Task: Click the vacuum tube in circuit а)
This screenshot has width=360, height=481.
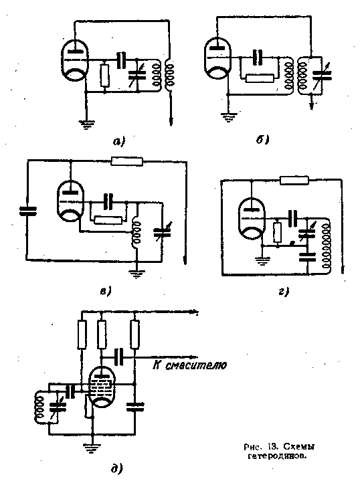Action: click(x=74, y=60)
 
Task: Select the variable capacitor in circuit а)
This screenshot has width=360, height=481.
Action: click(x=137, y=75)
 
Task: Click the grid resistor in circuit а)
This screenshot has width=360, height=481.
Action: click(x=105, y=75)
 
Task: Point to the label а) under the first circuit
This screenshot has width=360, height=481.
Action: click(x=119, y=141)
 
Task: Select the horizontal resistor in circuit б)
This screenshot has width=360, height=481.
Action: click(x=260, y=78)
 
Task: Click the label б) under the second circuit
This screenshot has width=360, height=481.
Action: click(x=262, y=140)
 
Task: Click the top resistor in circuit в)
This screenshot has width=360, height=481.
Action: click(x=126, y=161)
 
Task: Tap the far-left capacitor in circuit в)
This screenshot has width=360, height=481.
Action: click(x=27, y=211)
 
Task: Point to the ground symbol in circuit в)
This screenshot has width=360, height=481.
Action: click(x=136, y=273)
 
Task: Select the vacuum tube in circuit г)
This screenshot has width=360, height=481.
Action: click(x=252, y=219)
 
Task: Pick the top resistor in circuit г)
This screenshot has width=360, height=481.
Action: click(x=294, y=181)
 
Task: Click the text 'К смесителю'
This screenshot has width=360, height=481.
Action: click(x=189, y=365)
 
